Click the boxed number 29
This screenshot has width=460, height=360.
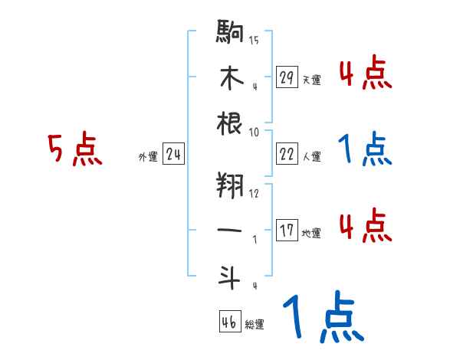pos(287,77)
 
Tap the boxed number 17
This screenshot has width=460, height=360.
pos(287,231)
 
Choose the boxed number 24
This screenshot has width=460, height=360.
pos(173,155)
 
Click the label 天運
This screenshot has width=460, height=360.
pos(311,80)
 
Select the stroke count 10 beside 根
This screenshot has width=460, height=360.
pos(254,131)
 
